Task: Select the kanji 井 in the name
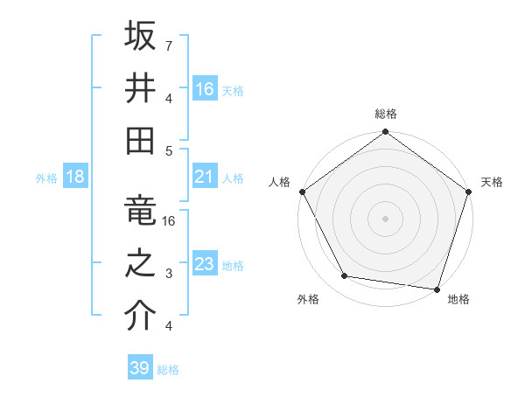click(x=141, y=87)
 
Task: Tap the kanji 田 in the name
click(x=141, y=140)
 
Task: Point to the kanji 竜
click(x=141, y=211)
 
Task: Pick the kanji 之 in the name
click(x=141, y=263)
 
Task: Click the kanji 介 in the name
click(x=141, y=316)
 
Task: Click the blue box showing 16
click(x=205, y=88)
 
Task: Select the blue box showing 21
click(x=205, y=177)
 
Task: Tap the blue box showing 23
click(x=205, y=264)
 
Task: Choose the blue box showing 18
click(x=75, y=177)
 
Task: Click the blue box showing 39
click(x=140, y=368)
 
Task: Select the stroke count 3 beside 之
click(x=168, y=274)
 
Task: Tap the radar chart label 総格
click(x=386, y=114)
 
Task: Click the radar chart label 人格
click(x=280, y=182)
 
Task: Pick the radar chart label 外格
click(x=308, y=299)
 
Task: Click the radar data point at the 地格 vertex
click(x=437, y=289)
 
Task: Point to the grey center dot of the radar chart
click(x=385, y=218)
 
